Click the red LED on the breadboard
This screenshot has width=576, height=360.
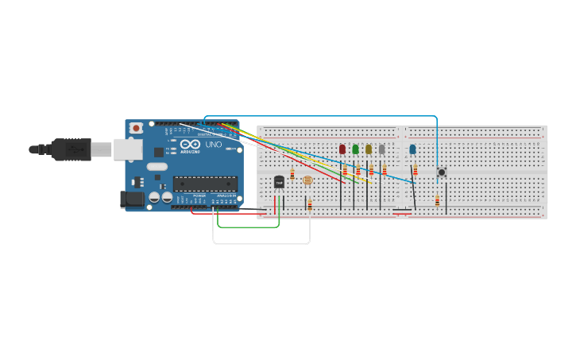pyautogui.click(x=342, y=149)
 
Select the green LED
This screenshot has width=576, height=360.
pyautogui.click(x=355, y=149)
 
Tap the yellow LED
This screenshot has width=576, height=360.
pyautogui.click(x=369, y=149)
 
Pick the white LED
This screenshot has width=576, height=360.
pyautogui.click(x=381, y=149)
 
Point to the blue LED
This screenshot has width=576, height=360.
pyautogui.click(x=412, y=149)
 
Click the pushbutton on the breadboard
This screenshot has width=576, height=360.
pyautogui.click(x=442, y=172)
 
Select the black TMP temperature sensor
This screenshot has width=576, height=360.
pyautogui.click(x=279, y=182)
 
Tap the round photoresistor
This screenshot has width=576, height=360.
pyautogui.click(x=308, y=180)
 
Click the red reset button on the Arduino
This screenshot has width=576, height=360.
pyautogui.click(x=137, y=127)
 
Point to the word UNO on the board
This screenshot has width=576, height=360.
pyautogui.click(x=214, y=145)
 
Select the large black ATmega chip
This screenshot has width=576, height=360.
pyautogui.click(x=205, y=184)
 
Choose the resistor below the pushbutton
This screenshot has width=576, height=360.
pyautogui.click(x=437, y=200)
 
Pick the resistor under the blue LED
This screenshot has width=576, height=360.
pyautogui.click(x=416, y=169)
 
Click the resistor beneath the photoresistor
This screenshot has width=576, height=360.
pyautogui.click(x=308, y=206)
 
